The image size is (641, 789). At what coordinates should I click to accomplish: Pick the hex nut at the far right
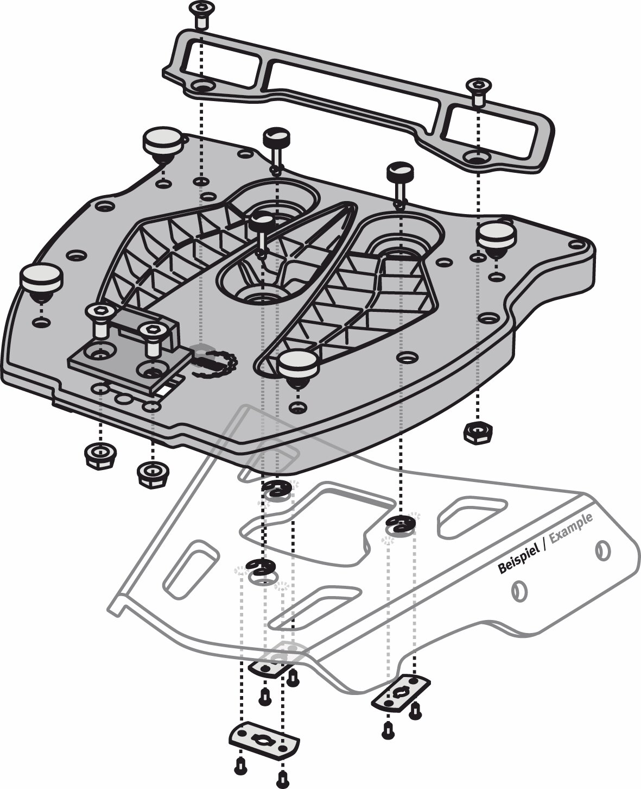pos(478,433)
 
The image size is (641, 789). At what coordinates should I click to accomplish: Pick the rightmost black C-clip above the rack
pos(401,524)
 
